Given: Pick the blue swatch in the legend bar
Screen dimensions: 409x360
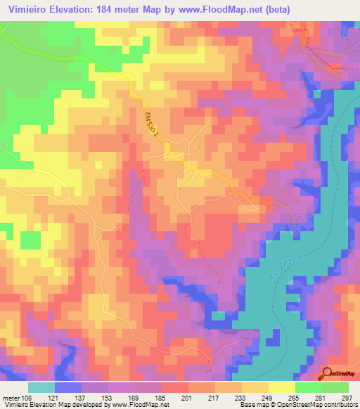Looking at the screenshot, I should [x=67, y=387].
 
